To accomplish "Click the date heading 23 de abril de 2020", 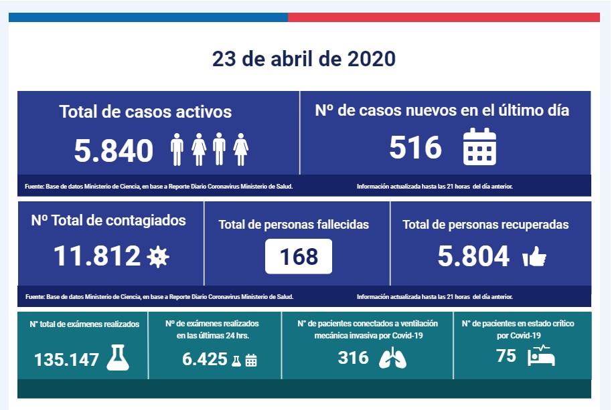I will point(304,59).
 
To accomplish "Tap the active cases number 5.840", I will point(114,151).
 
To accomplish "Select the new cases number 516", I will point(416,147).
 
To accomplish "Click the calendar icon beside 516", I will point(479,146).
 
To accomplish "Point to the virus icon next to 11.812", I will point(158,256).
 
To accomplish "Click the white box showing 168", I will point(299,256).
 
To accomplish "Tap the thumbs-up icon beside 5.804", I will point(534,257).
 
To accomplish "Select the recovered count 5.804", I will point(473,256).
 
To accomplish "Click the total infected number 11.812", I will point(97,255).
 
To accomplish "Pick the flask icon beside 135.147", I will point(118,358).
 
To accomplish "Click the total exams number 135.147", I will point(67,360).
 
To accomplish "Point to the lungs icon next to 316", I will point(392,358).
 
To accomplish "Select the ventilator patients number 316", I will point(354,358).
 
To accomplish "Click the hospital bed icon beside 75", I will point(541,356).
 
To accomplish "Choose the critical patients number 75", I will point(507,356).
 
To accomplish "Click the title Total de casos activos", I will point(145,112).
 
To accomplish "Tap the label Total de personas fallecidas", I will point(294,225).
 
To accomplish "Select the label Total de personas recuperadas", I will point(485,225).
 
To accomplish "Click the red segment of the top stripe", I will point(443,17).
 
